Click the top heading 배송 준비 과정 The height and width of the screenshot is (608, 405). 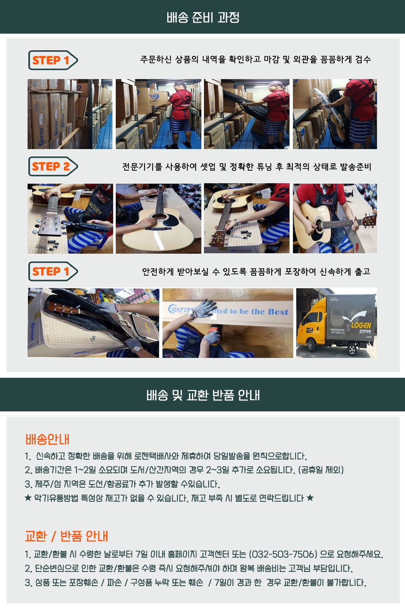click(x=203, y=18)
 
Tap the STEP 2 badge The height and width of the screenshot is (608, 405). click(x=53, y=166)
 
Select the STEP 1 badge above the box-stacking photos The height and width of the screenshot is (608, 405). click(x=53, y=60)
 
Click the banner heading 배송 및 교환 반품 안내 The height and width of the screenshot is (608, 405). click(x=203, y=395)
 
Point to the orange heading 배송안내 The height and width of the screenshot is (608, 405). click(x=47, y=439)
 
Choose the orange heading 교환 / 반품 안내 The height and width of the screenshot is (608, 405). click(x=66, y=536)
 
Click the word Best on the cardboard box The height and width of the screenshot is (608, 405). click(x=278, y=312)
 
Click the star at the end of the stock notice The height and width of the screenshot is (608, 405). click(x=310, y=498)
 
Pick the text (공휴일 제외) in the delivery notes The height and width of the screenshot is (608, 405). click(x=321, y=469)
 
